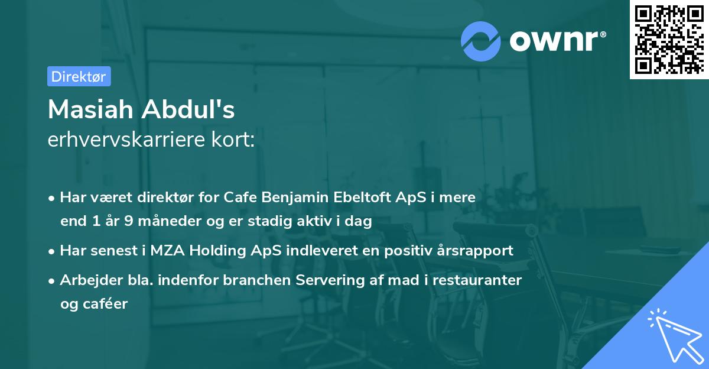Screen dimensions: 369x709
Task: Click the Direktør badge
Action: tap(79, 76)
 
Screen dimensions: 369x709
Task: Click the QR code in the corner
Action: tap(669, 39)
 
